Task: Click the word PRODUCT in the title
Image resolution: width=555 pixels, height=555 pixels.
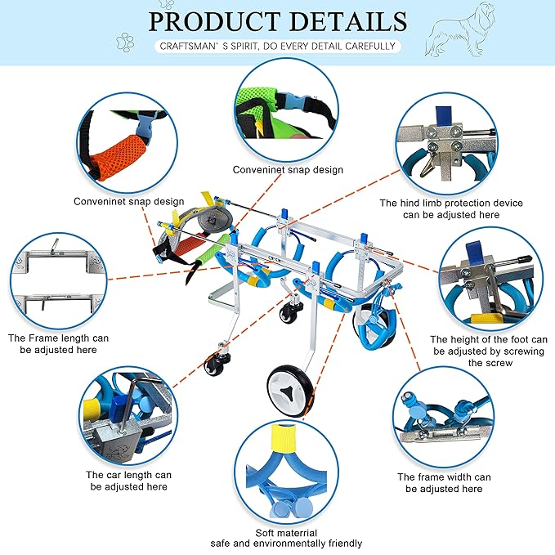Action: (214, 21)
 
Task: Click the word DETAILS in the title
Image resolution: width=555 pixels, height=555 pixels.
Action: (349, 21)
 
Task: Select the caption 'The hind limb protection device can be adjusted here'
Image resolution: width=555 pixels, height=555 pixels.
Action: (451, 208)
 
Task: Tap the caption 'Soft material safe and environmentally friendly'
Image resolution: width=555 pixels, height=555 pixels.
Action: (286, 538)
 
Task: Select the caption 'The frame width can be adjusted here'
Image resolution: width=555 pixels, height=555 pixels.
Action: (444, 483)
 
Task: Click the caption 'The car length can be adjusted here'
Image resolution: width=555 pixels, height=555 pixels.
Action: (128, 481)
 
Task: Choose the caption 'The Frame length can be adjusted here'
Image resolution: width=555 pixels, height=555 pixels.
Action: (58, 343)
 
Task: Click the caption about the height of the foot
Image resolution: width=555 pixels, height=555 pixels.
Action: (489, 351)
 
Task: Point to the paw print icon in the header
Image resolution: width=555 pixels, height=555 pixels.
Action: (125, 43)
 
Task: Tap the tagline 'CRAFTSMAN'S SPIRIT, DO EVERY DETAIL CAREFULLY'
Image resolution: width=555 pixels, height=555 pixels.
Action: (278, 46)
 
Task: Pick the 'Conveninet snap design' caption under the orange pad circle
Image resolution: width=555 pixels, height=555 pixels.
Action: (129, 202)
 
